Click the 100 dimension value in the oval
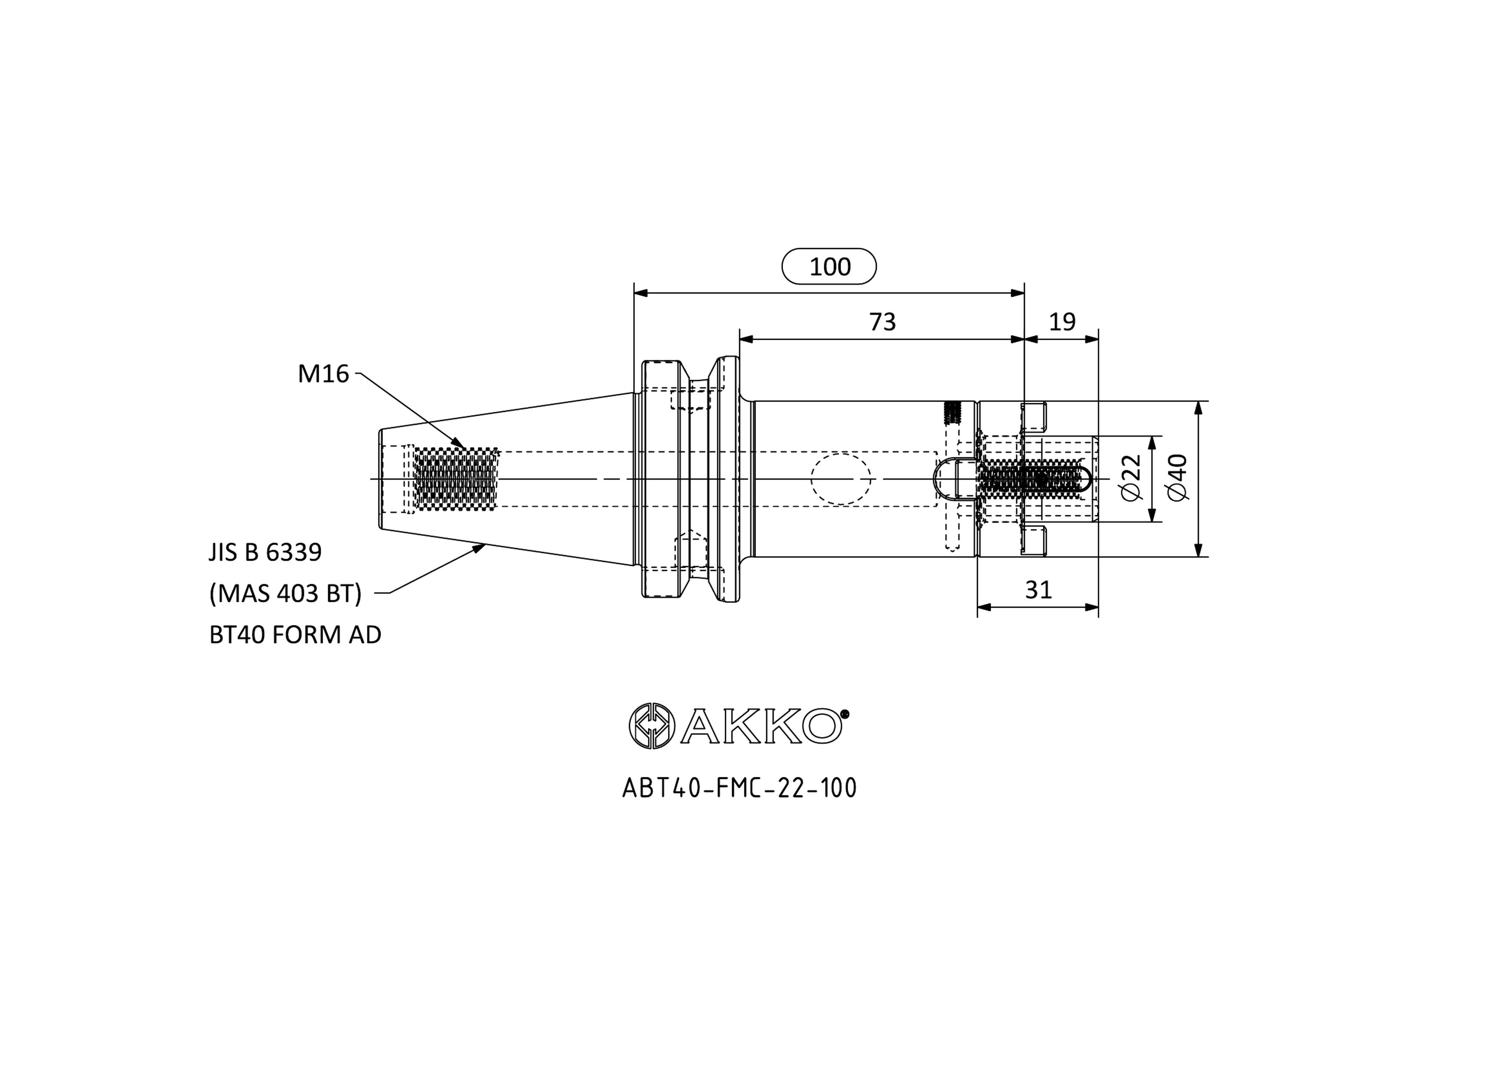pos(830,266)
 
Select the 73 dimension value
pos(882,322)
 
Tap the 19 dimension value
pos(1062,322)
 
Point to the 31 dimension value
pos(1038,590)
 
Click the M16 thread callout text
pos(323,374)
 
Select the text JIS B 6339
pos(265,553)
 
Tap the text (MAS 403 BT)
pos(286,594)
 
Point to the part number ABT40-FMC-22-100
pos(739,788)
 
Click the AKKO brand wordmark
pos(761,725)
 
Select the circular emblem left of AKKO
pos(651,725)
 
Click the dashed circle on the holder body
pos(841,479)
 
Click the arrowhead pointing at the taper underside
pos(477,548)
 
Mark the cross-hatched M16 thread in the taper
pos(455,479)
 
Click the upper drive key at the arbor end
pos(1033,417)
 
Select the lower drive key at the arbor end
pos(1033,541)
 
